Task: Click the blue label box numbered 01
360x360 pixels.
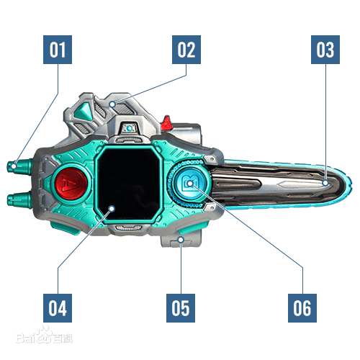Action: [58, 50]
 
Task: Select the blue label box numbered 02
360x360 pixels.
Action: [186, 50]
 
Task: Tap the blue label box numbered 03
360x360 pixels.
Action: [325, 50]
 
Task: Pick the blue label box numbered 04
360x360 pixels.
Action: [58, 308]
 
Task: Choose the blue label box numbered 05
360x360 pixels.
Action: [181, 308]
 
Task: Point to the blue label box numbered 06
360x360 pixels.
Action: [302, 308]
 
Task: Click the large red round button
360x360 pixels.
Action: [71, 183]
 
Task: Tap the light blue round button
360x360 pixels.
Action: [191, 184]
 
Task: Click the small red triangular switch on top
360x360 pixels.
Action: [166, 122]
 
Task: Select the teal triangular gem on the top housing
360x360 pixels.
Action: [83, 112]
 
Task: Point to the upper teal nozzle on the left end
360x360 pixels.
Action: [19, 166]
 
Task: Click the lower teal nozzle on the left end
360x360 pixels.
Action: [19, 199]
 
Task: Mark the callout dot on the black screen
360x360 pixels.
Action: [112, 208]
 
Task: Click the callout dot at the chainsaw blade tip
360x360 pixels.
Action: [325, 183]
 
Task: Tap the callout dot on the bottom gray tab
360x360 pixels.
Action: [181, 240]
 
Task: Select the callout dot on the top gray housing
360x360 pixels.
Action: [112, 104]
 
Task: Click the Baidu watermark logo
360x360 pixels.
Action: [45, 336]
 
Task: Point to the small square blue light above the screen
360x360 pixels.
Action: [130, 128]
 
